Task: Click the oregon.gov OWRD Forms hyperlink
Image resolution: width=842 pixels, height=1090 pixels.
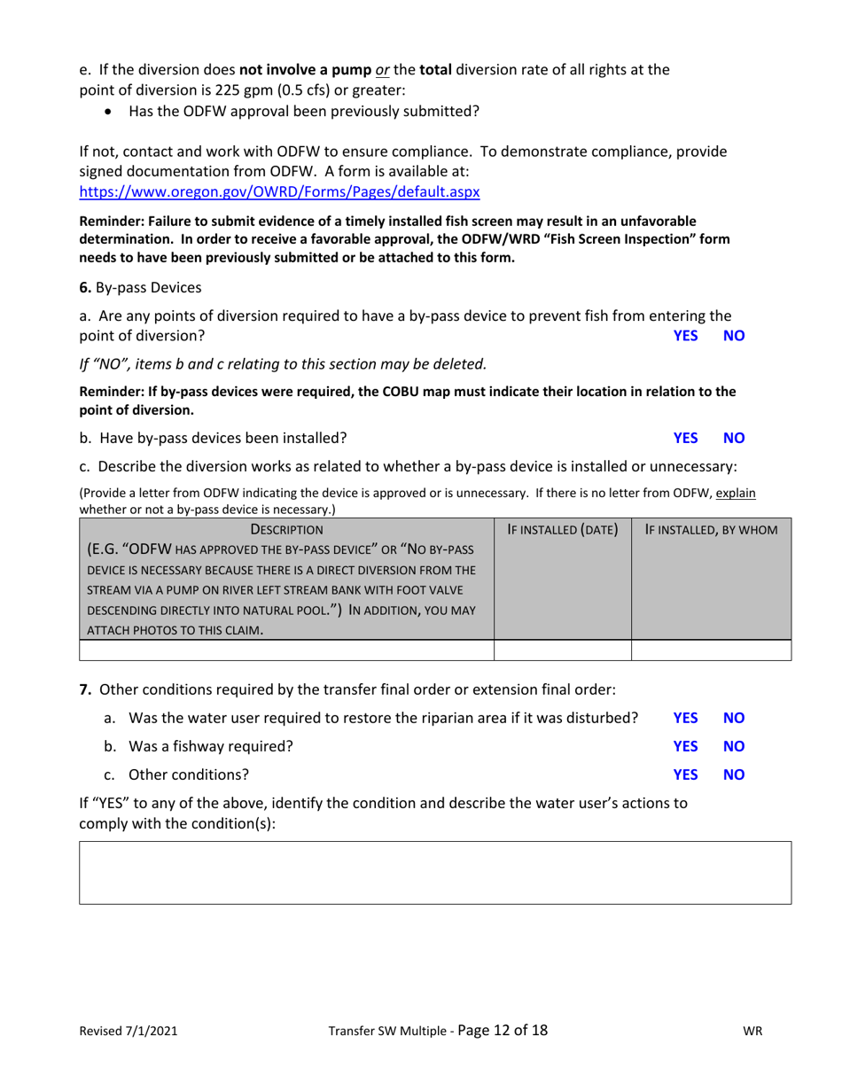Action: coord(280,191)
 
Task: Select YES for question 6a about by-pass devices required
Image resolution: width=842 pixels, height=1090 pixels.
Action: coord(686,336)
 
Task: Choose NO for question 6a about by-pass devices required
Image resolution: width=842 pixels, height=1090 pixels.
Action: coord(735,336)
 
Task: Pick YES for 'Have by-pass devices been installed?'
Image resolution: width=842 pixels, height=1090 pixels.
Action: coord(686,437)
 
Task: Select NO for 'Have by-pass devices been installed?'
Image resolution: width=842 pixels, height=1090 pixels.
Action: coord(735,437)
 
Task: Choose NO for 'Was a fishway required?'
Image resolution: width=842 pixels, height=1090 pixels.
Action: coord(735,745)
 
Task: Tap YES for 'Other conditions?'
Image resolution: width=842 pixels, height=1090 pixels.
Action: coord(686,774)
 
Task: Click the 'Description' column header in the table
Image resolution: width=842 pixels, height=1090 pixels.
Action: coord(286,530)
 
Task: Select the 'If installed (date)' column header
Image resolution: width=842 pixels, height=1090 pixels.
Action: coord(562,530)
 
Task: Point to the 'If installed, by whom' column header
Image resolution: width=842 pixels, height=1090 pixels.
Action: coord(711,530)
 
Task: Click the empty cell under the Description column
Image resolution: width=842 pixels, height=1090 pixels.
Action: coord(286,650)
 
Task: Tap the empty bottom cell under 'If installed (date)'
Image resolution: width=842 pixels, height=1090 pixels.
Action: coord(562,650)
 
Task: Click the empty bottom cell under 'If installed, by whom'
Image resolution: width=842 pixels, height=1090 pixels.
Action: coord(711,650)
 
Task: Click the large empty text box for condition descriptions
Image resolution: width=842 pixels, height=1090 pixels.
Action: coord(435,872)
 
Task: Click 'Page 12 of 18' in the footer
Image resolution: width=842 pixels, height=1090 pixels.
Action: coord(503,1030)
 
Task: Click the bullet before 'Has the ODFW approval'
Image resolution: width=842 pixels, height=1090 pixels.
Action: coord(109,112)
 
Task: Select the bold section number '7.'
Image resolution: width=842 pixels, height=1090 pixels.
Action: coord(86,688)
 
